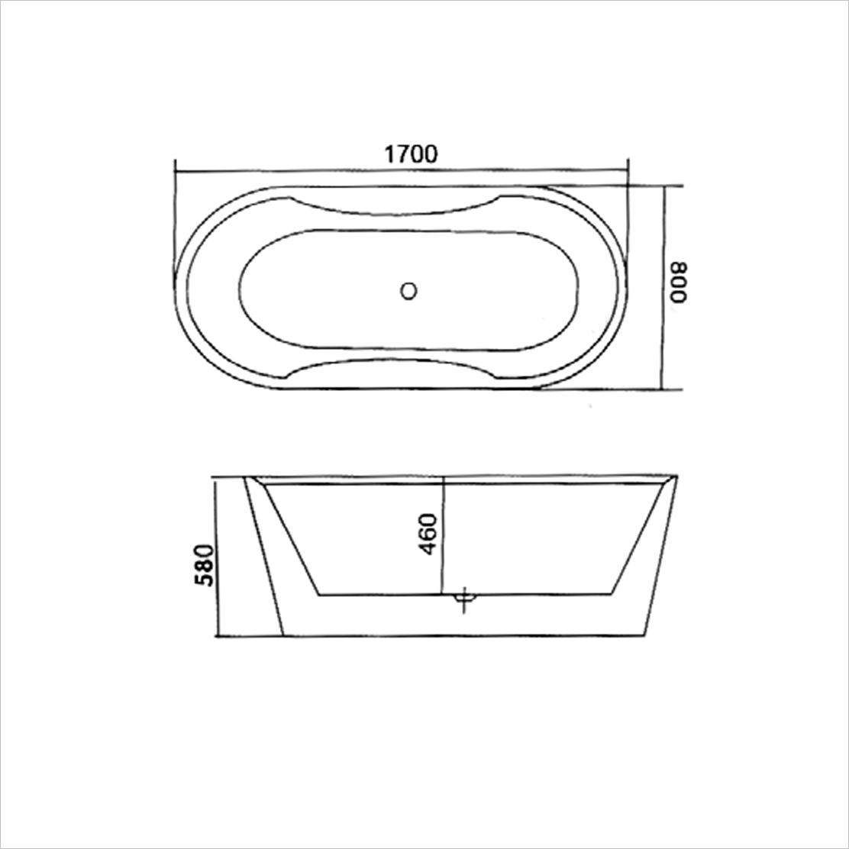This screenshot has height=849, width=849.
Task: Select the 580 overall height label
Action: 204,564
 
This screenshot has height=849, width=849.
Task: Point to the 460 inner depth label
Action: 428,534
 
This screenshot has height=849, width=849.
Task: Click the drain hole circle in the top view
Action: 409,290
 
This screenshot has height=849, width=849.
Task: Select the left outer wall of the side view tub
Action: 263,557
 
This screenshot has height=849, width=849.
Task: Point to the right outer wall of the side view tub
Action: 661,557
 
